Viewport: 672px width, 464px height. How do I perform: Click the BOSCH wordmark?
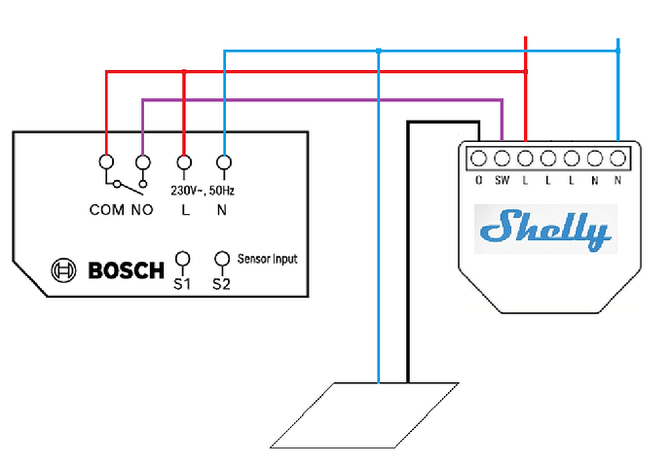[127, 269]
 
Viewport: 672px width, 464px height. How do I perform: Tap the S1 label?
[182, 285]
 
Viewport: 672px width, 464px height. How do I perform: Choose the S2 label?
[223, 285]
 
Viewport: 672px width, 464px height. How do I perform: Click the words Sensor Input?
[267, 259]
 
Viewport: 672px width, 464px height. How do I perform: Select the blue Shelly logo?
[545, 230]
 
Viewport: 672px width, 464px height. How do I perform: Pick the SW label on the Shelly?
[503, 180]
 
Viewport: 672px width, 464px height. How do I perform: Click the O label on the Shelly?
[478, 180]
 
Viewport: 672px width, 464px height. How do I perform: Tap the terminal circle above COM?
[105, 161]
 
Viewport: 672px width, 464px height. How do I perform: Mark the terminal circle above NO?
[143, 161]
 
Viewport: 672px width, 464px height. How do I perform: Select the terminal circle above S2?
[223, 259]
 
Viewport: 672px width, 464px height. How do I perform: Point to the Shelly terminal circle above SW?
[502, 158]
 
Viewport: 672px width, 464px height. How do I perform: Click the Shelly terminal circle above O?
[478, 158]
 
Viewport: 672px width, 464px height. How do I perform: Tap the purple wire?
[321, 99]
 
